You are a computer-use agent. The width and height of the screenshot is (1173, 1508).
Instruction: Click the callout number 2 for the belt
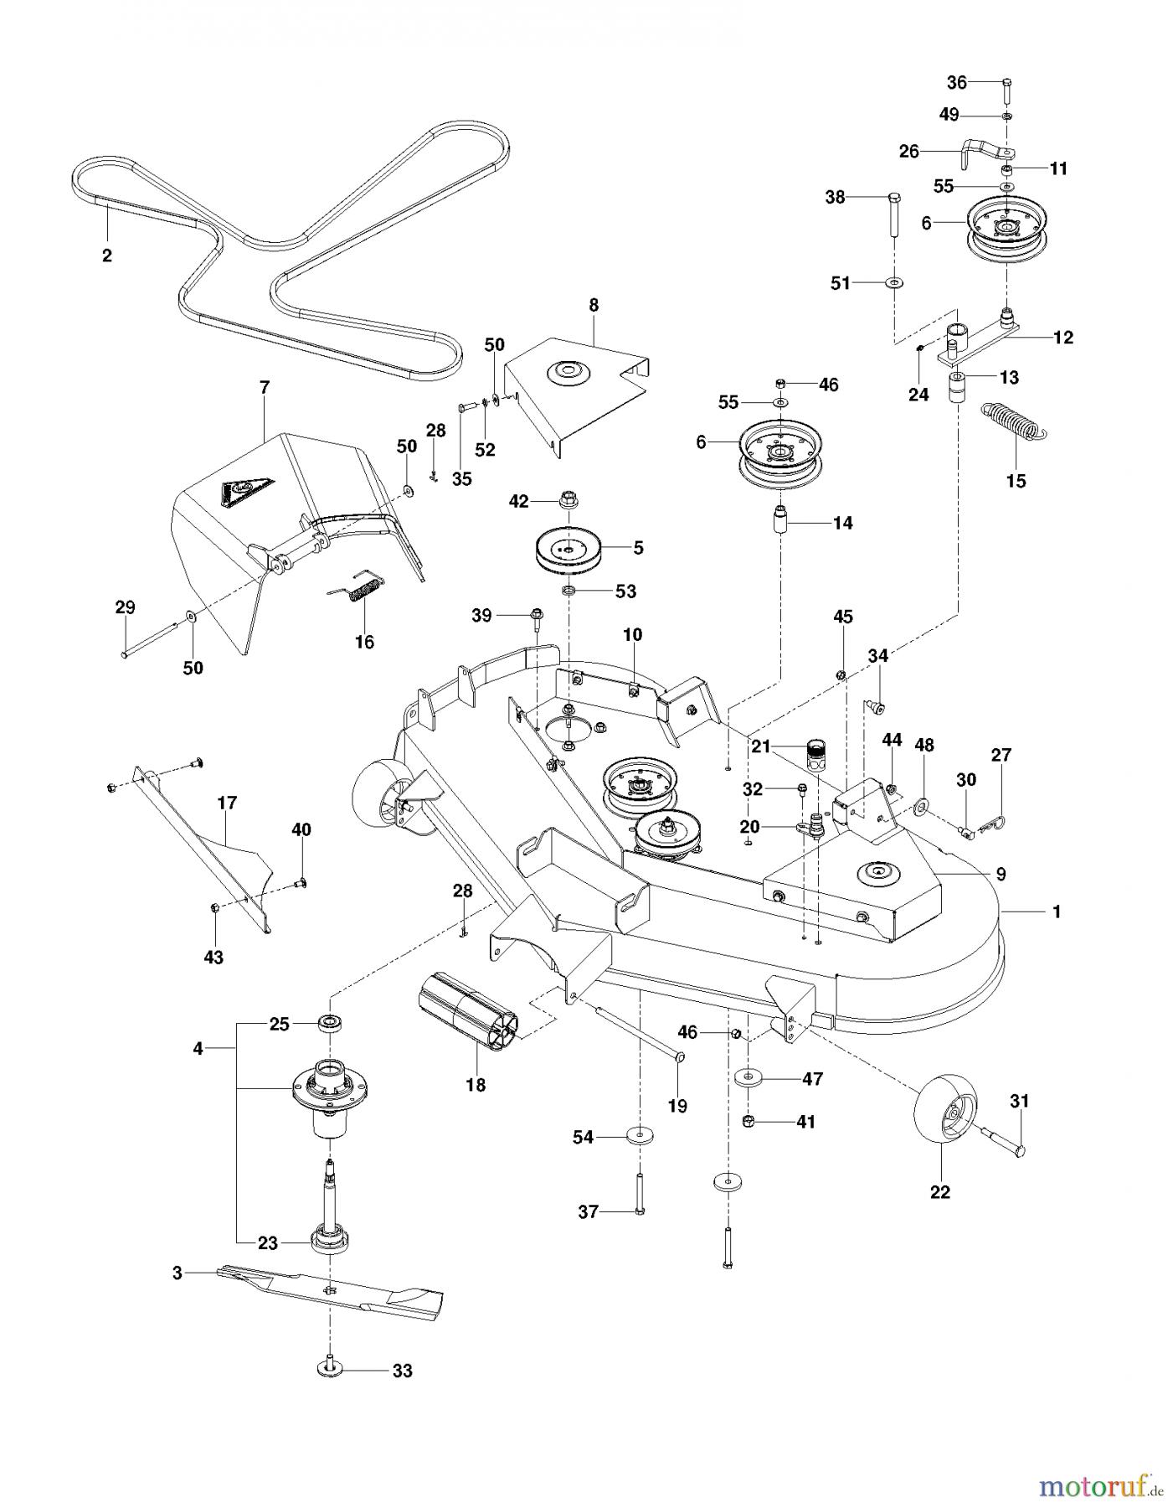[x=106, y=256]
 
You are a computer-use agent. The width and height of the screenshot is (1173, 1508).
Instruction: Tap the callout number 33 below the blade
[x=403, y=1371]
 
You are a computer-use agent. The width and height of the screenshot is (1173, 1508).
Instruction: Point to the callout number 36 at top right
[x=956, y=82]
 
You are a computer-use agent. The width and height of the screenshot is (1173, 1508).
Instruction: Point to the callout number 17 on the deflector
[x=226, y=803]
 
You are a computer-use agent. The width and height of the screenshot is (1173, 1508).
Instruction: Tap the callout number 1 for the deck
[x=1056, y=912]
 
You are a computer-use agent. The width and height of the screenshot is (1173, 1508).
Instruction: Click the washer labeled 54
[x=639, y=1136]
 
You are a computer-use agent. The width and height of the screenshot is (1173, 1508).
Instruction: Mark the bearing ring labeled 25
[x=332, y=1024]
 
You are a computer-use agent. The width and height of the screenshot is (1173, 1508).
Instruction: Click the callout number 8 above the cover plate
[x=594, y=305]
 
